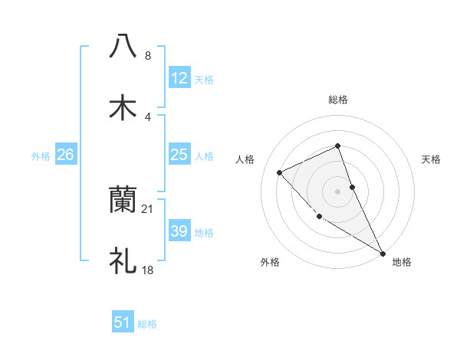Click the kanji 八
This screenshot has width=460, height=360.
tap(123, 47)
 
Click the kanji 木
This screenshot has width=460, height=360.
tap(123, 108)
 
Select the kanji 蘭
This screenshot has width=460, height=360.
tap(123, 200)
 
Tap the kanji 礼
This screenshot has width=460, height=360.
tap(123, 261)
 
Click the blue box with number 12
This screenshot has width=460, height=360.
tap(179, 77)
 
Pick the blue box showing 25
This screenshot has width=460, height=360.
tap(179, 155)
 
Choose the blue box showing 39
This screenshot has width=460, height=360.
tap(179, 231)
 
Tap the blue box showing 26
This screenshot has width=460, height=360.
tap(66, 155)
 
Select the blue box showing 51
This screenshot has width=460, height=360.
tap(123, 322)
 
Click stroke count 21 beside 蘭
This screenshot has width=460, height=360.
tap(148, 208)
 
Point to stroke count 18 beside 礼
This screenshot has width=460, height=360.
tap(148, 270)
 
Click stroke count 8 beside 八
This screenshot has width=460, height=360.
tap(147, 56)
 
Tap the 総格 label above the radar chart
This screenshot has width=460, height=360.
tap(338, 100)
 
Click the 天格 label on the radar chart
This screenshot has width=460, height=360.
tap(431, 159)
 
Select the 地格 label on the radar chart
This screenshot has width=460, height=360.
tap(402, 262)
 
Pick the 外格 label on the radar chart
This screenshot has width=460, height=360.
tap(270, 262)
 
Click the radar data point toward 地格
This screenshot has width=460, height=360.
tap(383, 253)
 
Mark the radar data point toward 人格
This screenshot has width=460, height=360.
tap(280, 172)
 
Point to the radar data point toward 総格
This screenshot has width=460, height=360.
tap(338, 146)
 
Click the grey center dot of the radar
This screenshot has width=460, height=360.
tap(338, 191)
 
